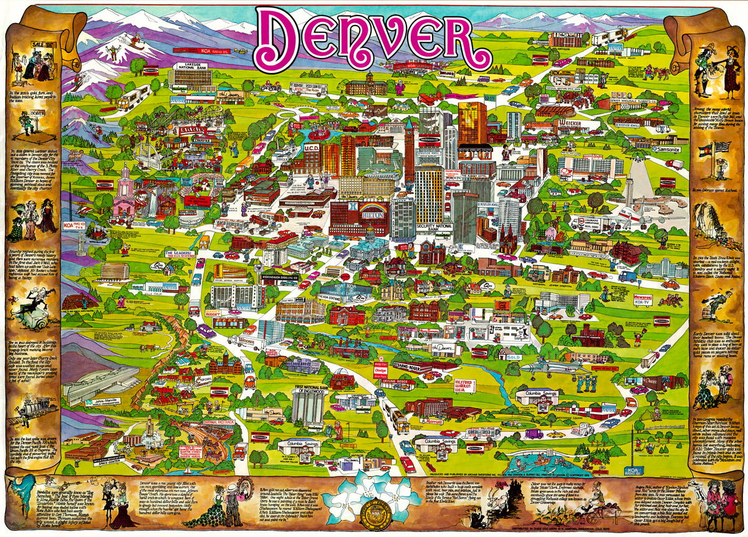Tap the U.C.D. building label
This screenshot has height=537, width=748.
[x=311, y=148]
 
